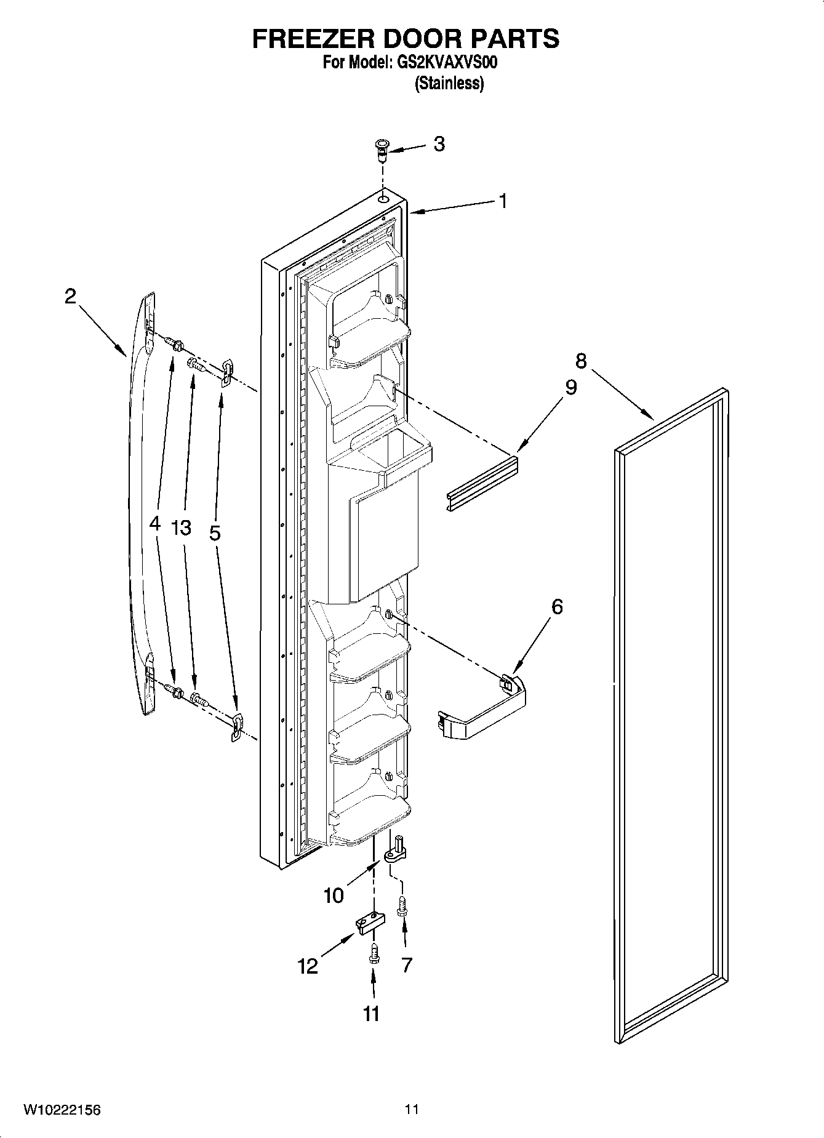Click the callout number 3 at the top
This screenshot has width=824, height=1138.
(x=439, y=144)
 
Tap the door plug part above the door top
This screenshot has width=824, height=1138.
(x=382, y=148)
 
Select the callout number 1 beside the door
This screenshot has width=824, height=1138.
(x=503, y=201)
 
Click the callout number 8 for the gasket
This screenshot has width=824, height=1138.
(x=580, y=361)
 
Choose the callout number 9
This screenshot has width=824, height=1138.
(x=570, y=388)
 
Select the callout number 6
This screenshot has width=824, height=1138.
(x=556, y=607)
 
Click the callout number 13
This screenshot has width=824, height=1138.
(x=182, y=527)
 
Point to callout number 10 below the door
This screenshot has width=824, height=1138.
(x=334, y=896)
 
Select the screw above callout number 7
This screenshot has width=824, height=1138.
(x=404, y=906)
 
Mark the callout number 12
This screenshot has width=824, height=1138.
(x=308, y=967)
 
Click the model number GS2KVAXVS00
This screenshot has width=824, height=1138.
(x=445, y=63)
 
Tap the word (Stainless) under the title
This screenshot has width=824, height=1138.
(x=449, y=83)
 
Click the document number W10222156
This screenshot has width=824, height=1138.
(x=62, y=1110)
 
